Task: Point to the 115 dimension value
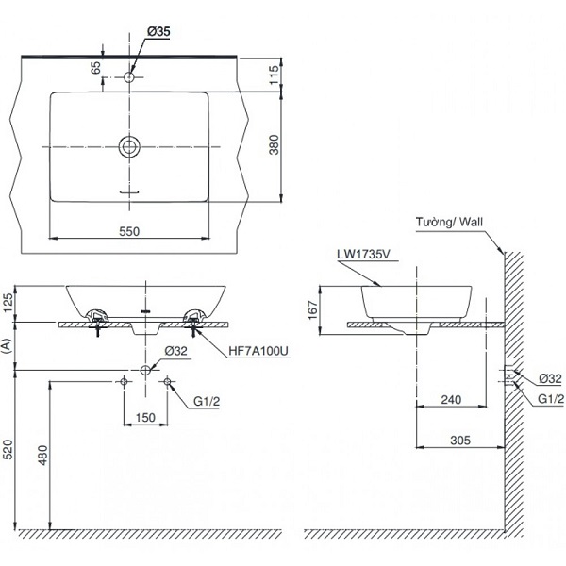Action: pos(275,75)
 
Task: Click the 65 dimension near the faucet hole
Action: pos(95,68)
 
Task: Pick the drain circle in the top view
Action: pos(129,146)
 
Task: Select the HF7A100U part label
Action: pos(258,350)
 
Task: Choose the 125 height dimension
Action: pos(8,301)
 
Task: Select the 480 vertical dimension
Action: pos(41,458)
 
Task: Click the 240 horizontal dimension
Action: pos(452,400)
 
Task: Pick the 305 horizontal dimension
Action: pos(460,439)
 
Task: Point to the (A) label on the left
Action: pos(8,347)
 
